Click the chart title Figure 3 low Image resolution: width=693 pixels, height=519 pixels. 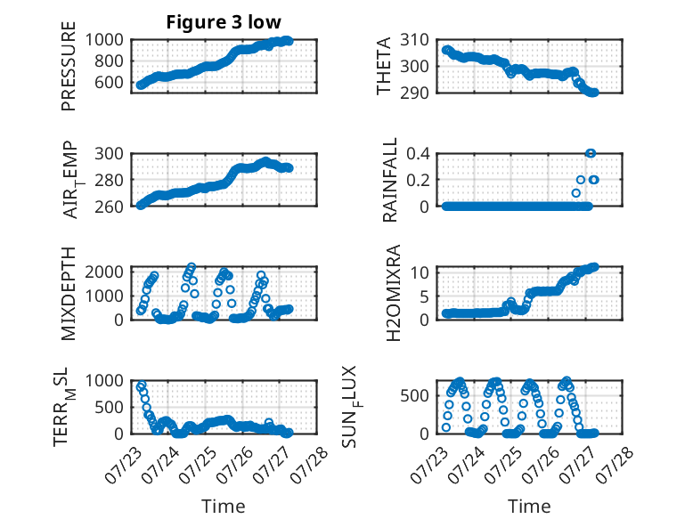tap(224, 22)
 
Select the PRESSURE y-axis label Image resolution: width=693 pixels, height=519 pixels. tap(69, 66)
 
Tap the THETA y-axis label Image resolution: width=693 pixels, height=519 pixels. tap(384, 66)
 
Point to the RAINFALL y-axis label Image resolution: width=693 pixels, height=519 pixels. tap(390, 180)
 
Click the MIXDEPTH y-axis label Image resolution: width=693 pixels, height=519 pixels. tap(69, 294)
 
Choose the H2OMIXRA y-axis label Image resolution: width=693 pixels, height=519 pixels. tap(393, 293)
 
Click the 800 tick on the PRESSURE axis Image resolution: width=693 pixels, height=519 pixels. tap(109, 61)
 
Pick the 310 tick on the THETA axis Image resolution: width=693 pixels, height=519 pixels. tap(414, 40)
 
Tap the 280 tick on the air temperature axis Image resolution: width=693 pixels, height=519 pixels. tap(109, 180)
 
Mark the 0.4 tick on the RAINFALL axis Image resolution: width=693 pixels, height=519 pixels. tap(418, 154)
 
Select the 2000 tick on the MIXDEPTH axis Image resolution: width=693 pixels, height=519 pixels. tap(104, 272)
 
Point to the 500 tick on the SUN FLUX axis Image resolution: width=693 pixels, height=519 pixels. tap(414, 395)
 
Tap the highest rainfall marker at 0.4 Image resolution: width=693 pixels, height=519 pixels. tap(591, 153)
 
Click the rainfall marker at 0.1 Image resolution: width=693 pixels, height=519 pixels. tap(576, 193)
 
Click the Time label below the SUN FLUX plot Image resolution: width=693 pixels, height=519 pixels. tap(529, 507)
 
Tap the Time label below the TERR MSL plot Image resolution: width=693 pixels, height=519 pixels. tap(224, 507)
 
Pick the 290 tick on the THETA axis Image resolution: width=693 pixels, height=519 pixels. tap(414, 93)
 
